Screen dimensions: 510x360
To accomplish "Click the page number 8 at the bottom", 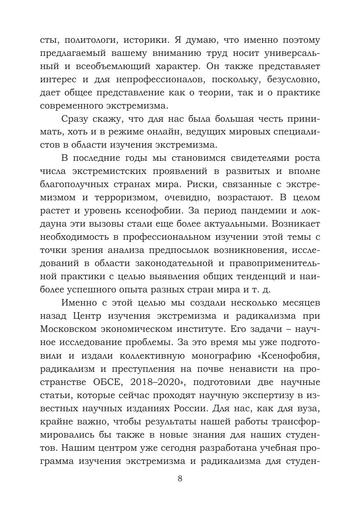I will pyautogui.click(x=180, y=478).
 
